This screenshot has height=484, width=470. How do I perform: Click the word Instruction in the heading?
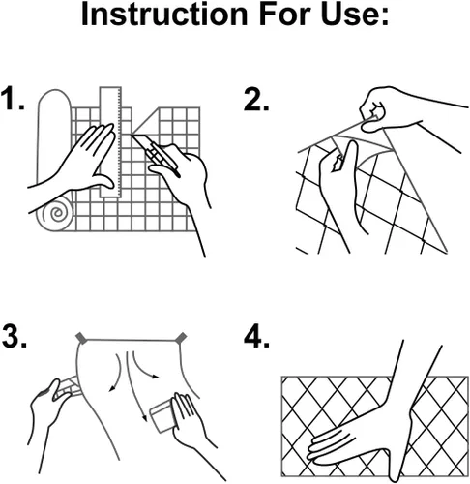click(x=164, y=15)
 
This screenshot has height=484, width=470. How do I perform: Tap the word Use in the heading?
click(x=349, y=15)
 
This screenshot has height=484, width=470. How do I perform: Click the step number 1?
click(x=13, y=98)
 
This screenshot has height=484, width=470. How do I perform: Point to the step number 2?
click(x=256, y=100)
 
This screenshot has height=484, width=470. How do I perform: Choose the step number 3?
click(x=14, y=336)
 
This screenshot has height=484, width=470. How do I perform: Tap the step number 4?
click(x=256, y=336)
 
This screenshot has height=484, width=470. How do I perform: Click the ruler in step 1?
click(x=110, y=142)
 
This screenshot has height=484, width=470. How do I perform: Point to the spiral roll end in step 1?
click(x=55, y=213)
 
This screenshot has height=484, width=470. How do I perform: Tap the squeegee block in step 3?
click(x=163, y=417)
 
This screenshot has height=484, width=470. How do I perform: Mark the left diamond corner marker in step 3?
click(x=81, y=338)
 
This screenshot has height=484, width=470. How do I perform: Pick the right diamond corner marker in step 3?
click(x=182, y=338)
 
